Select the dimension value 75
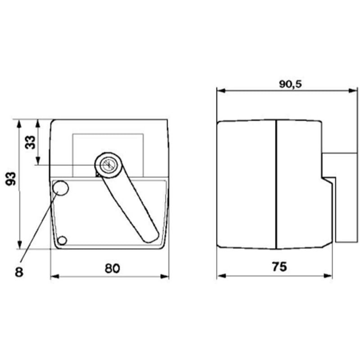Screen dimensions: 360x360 [279, 267]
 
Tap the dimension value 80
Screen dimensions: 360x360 [112, 268]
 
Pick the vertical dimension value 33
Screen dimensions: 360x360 [30, 143]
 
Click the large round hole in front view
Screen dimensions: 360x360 [61, 188]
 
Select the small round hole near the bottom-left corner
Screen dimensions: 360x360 [63, 240]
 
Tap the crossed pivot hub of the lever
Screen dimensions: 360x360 [108, 165]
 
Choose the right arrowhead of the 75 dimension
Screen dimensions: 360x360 [329, 276]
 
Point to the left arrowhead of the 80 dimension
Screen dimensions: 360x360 [54, 276]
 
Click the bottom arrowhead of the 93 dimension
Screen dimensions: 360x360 [19, 245]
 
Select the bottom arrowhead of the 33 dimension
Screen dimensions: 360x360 [38, 162]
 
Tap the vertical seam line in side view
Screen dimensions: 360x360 [276, 184]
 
